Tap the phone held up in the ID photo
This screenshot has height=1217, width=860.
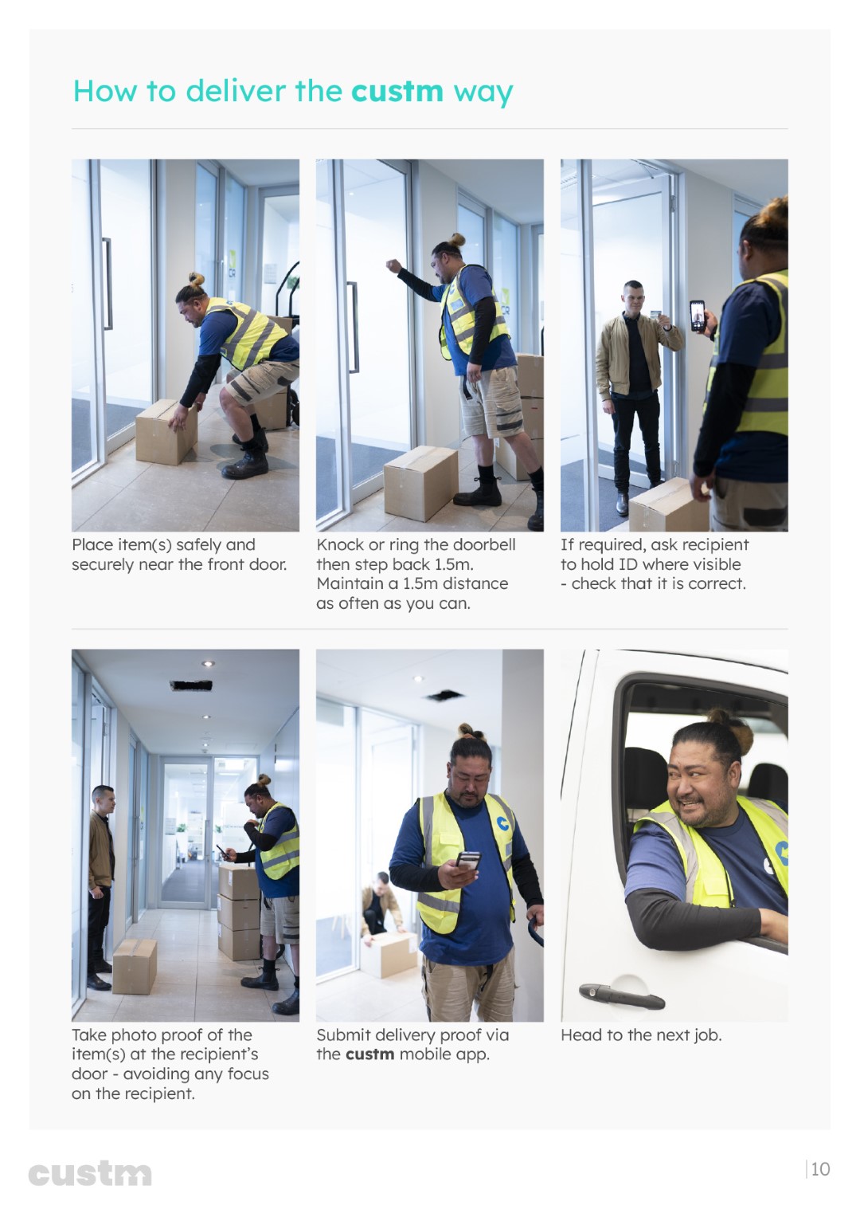click(698, 316)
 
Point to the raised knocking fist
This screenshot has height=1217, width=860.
click(393, 266)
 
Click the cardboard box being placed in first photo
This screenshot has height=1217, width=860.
click(166, 432)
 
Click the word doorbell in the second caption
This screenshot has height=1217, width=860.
click(484, 544)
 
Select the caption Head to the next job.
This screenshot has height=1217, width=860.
click(641, 1035)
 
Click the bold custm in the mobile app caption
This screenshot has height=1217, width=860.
click(370, 1054)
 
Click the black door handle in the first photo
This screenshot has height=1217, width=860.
click(107, 284)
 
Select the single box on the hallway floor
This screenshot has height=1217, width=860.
click(135, 967)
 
